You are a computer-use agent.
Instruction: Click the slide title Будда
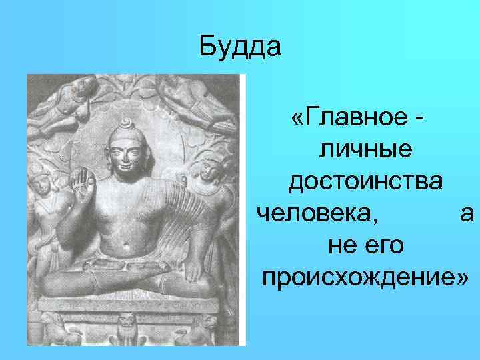[x=241, y=48]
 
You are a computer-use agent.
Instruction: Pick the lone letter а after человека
[x=467, y=213]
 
